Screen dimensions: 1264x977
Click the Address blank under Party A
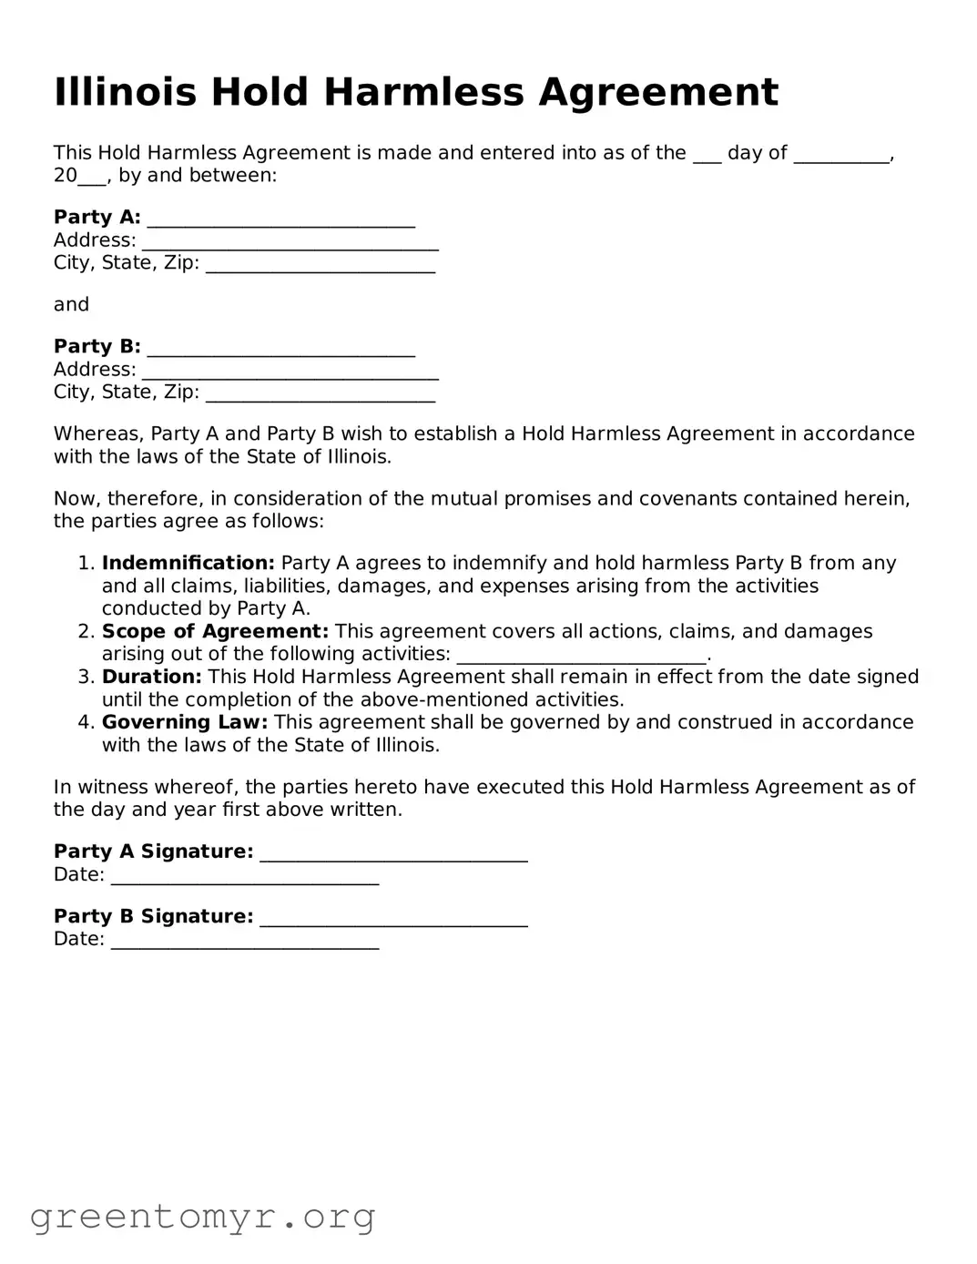click(x=290, y=243)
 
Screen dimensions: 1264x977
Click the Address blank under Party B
click(x=290, y=372)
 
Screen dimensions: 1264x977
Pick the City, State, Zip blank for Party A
click(x=321, y=266)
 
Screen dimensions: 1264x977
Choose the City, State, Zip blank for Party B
click(x=321, y=395)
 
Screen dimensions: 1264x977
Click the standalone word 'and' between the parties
click(x=71, y=304)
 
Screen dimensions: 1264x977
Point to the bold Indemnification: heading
click(x=188, y=563)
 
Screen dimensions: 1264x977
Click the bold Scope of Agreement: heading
click(x=215, y=631)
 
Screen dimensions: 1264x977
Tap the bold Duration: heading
click(x=151, y=677)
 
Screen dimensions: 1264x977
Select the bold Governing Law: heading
click(x=185, y=722)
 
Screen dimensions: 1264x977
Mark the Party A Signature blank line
click(x=393, y=854)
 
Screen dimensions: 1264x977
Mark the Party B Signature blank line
click(x=393, y=919)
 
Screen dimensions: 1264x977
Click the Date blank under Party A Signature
click(x=245, y=877)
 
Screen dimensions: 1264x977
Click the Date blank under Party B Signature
click(x=245, y=942)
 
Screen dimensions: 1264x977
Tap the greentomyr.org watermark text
click(x=202, y=1217)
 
